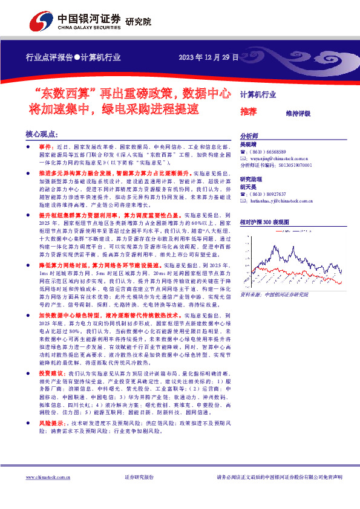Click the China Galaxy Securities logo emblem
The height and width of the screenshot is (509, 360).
[41, 22]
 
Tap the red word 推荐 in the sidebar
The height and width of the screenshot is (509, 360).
[249, 112]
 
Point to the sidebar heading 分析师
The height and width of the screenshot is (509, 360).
[250, 137]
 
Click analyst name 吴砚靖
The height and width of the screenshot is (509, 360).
[249, 145]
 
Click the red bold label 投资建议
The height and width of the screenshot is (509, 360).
[42, 375]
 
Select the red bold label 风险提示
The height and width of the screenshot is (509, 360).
[42, 423]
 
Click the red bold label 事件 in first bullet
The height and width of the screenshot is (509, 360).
[38, 147]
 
